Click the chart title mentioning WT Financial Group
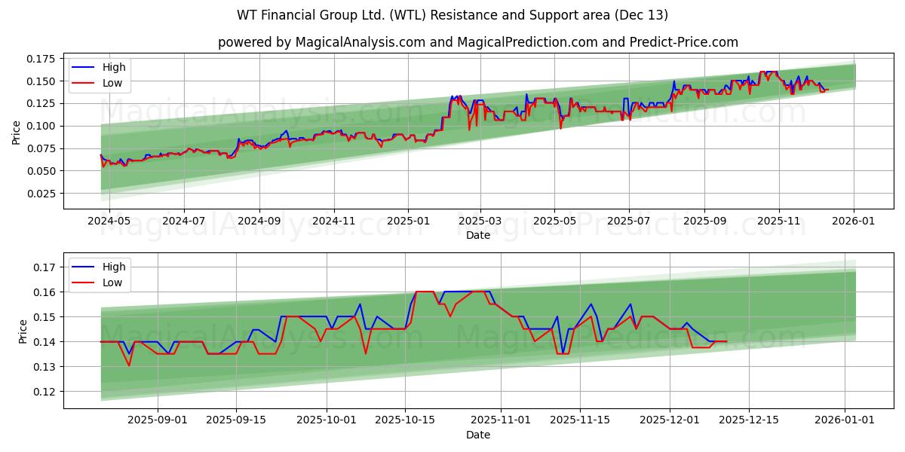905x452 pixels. pos(452,15)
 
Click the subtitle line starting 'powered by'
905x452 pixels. pos(477,42)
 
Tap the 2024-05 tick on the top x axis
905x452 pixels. pos(109,221)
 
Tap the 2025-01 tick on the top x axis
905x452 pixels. pos(408,221)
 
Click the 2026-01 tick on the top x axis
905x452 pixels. pos(854,221)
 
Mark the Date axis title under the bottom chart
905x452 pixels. pos(477,435)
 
